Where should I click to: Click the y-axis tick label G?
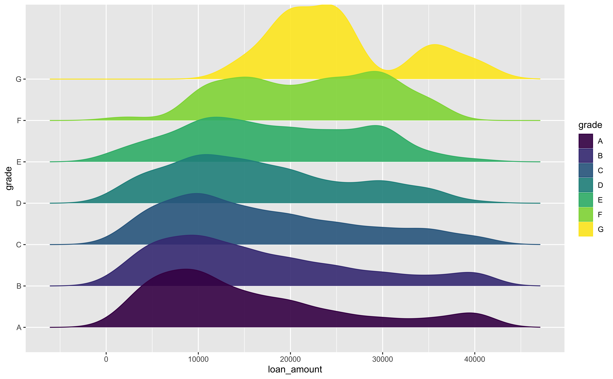coord(19,79)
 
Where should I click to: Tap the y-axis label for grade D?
coord(19,203)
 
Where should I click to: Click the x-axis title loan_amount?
coord(295,369)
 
